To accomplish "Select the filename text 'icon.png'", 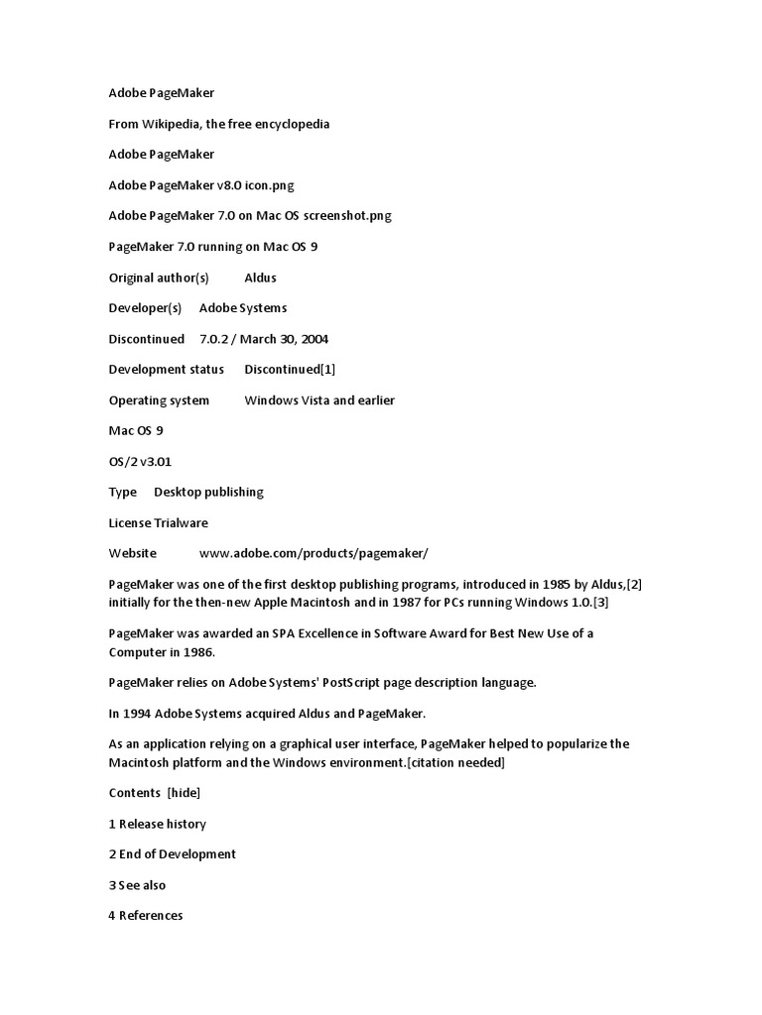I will [270, 185].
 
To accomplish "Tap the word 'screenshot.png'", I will [332, 216].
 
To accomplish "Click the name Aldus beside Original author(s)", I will [260, 278].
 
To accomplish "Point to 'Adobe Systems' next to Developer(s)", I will [243, 308].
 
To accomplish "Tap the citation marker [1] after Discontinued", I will [328, 370].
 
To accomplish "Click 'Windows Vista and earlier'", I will [319, 400].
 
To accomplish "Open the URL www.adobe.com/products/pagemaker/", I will [314, 553].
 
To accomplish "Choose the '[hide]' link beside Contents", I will [184, 792].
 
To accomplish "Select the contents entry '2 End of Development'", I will [172, 853].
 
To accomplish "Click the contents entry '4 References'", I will [146, 915].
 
